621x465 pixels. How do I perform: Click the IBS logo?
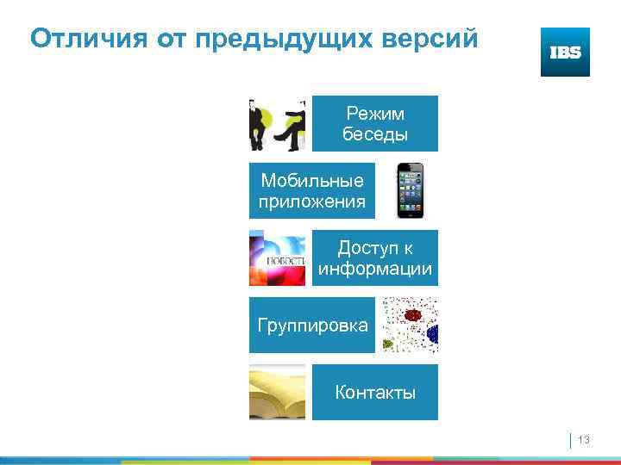tap(565, 52)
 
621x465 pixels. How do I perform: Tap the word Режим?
tap(375, 114)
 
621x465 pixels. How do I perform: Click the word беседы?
tap(375, 134)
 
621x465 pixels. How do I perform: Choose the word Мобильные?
tap(312, 181)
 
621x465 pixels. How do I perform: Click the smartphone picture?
tap(411, 190)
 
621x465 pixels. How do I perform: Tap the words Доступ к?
tap(375, 249)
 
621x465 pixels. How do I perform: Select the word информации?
tap(375, 270)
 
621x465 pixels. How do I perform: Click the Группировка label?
tap(312, 325)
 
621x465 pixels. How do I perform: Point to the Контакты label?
tap(375, 394)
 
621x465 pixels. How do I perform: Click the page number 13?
tap(584, 441)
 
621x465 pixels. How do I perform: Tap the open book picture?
tap(278, 393)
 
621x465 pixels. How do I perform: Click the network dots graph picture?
tap(410, 325)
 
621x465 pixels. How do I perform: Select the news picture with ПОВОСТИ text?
tap(278, 258)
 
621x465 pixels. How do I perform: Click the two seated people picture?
tap(278, 124)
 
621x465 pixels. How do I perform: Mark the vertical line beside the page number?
tap(571, 441)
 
